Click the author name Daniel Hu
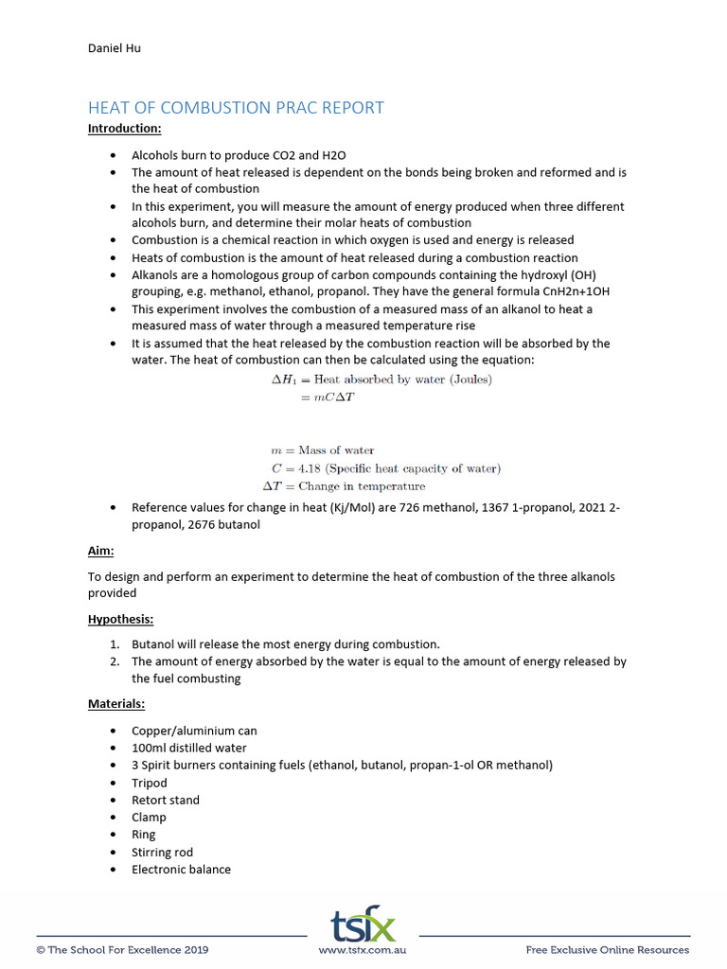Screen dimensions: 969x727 [115, 47]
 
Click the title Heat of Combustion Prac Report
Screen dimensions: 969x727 [236, 107]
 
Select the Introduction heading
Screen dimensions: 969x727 [124, 128]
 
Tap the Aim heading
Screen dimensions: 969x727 [100, 550]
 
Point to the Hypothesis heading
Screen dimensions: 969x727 [120, 619]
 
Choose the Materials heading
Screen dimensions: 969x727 [116, 704]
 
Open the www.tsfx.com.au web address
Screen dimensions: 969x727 [363, 950]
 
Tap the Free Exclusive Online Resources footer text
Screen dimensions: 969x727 [608, 950]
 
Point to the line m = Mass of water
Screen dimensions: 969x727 [322, 450]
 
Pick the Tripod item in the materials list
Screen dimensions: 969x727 [150, 783]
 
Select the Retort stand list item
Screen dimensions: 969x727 [166, 800]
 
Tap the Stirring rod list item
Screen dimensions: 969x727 [162, 852]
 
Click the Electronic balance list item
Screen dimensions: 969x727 [181, 869]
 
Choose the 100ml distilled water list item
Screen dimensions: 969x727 [189, 748]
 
